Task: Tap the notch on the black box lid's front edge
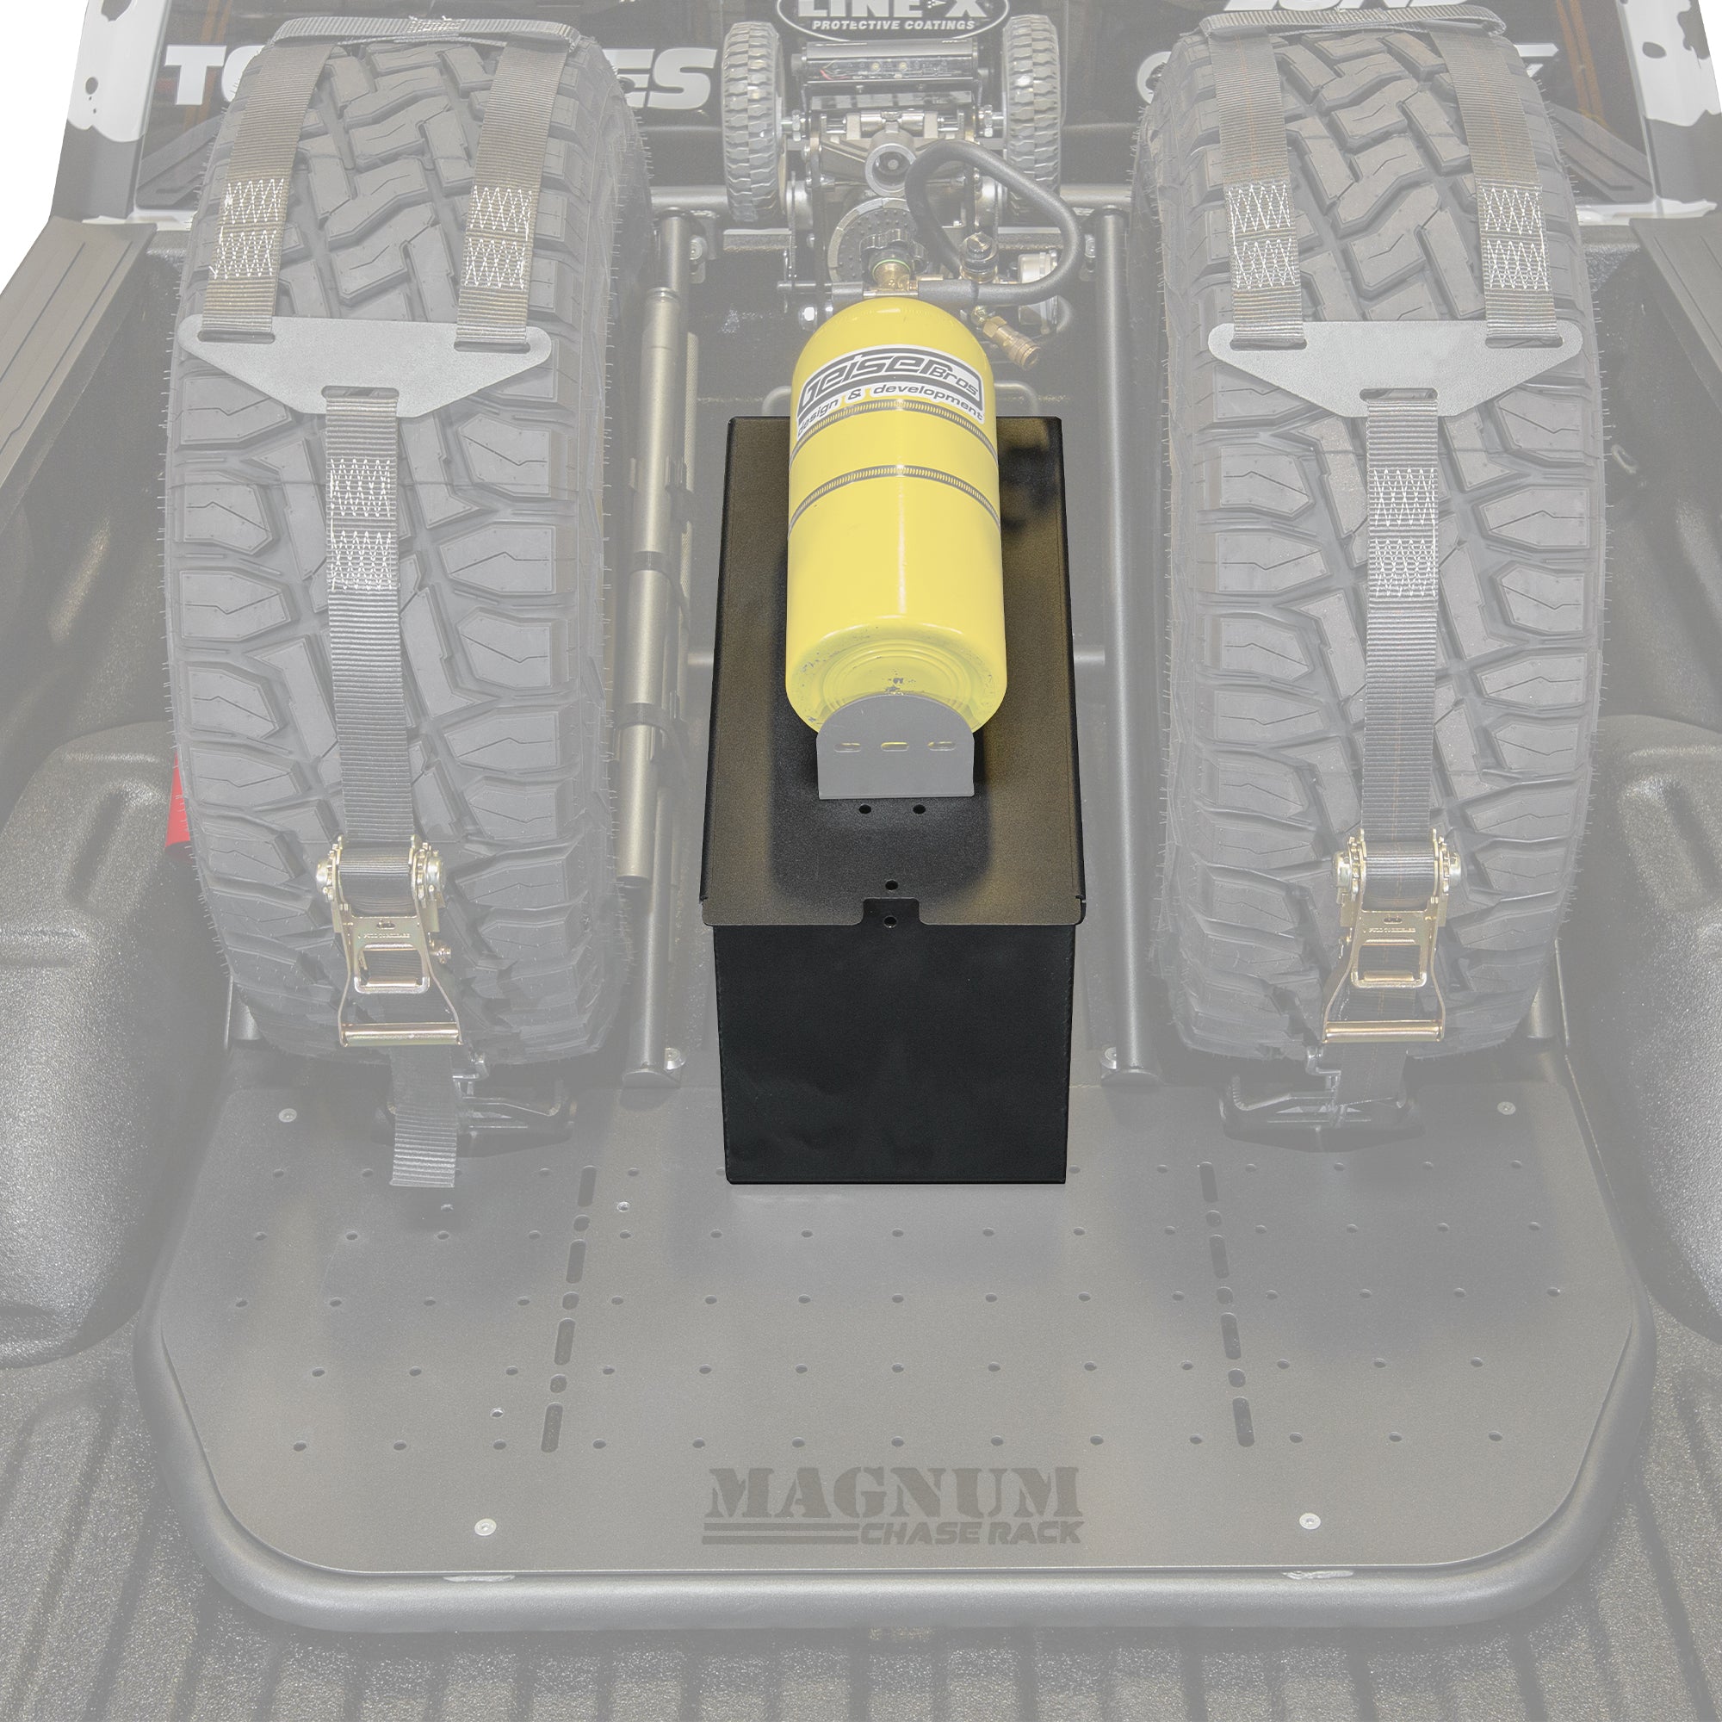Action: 891,912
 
